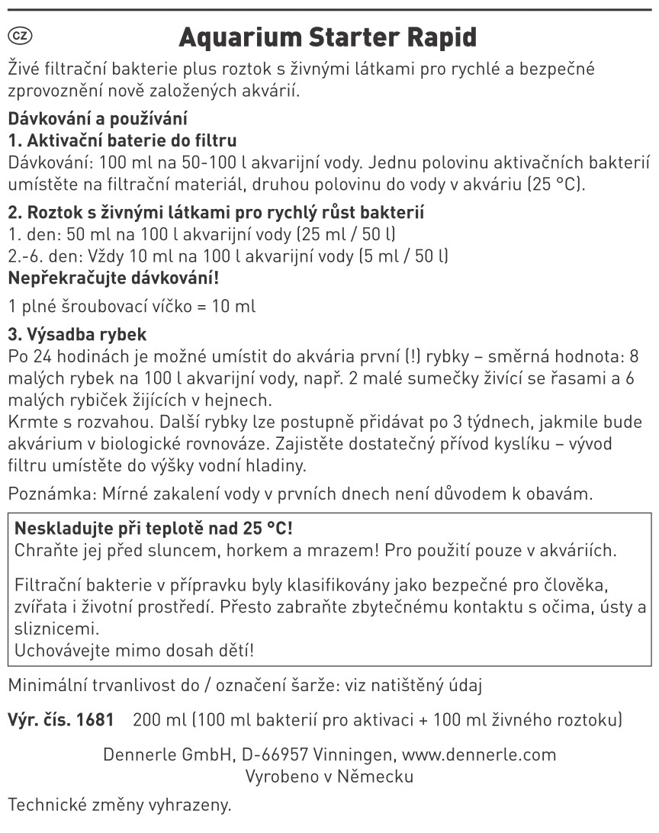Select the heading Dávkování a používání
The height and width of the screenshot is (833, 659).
click(x=97, y=120)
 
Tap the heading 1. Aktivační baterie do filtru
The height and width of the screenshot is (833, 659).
click(x=122, y=141)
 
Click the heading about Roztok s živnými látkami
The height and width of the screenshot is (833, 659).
click(x=216, y=212)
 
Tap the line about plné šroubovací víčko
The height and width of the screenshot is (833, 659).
click(x=131, y=307)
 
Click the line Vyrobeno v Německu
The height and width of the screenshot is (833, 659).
click(x=329, y=777)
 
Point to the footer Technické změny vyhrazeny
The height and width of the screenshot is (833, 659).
click(x=118, y=805)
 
